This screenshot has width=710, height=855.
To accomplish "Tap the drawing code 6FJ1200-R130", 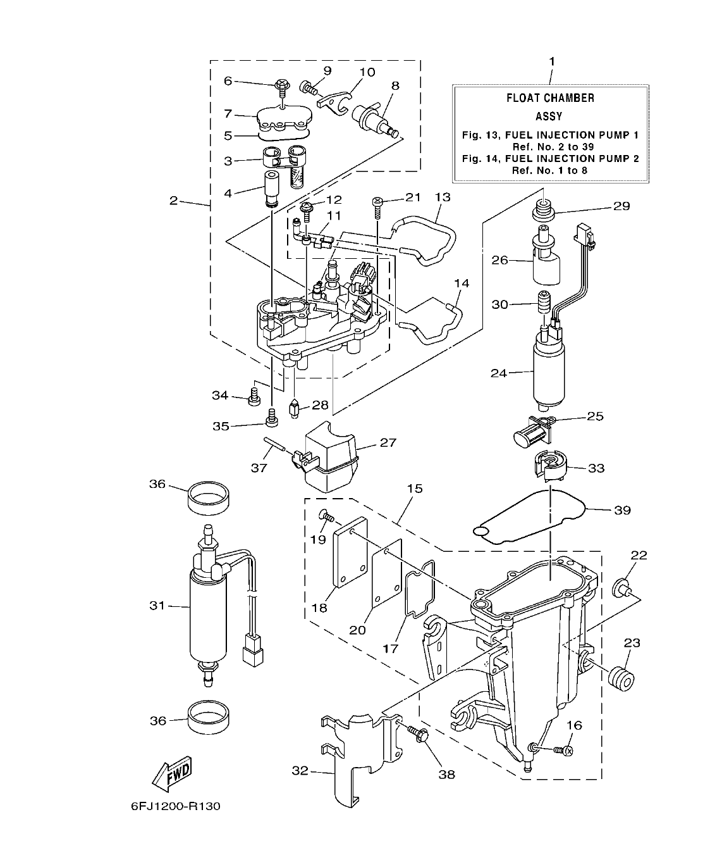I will pos(176,807).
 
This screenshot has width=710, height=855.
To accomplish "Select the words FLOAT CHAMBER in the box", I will pos(550,98).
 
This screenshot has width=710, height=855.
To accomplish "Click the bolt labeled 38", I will pos(422,735).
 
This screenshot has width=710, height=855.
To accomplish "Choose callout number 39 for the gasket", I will pos(622,510).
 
